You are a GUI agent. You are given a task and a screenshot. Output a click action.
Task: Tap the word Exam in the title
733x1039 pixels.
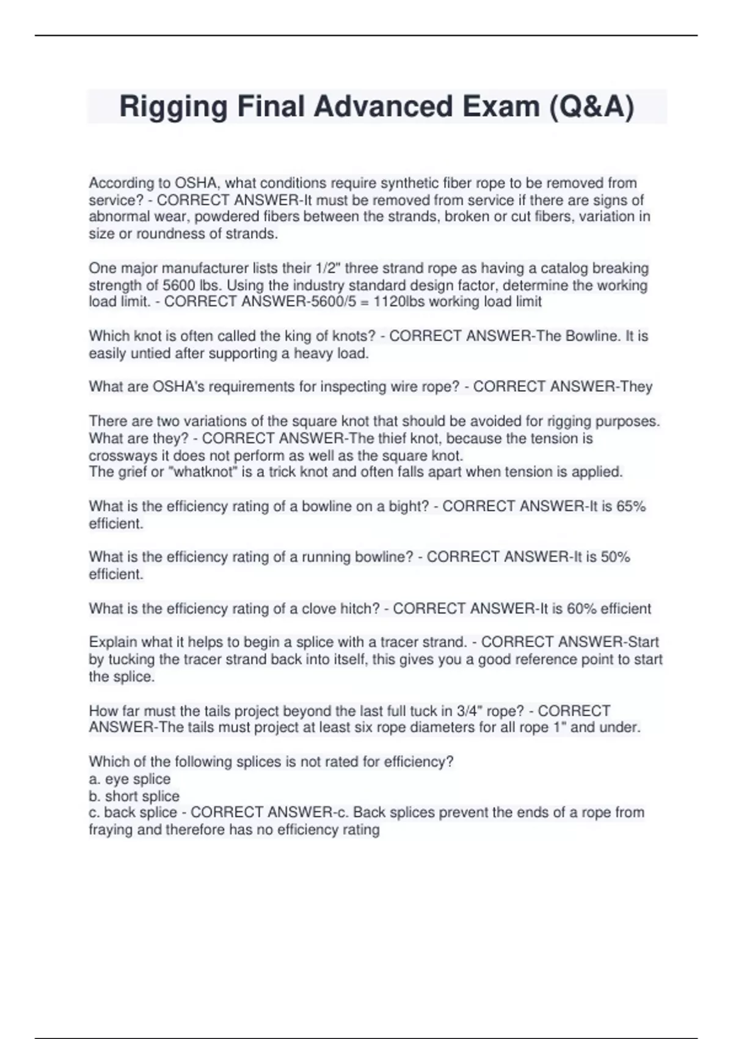point(500,107)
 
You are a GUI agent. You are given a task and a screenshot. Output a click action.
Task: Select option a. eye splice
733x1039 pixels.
point(129,779)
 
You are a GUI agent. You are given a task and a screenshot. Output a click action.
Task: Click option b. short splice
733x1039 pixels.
point(134,796)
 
